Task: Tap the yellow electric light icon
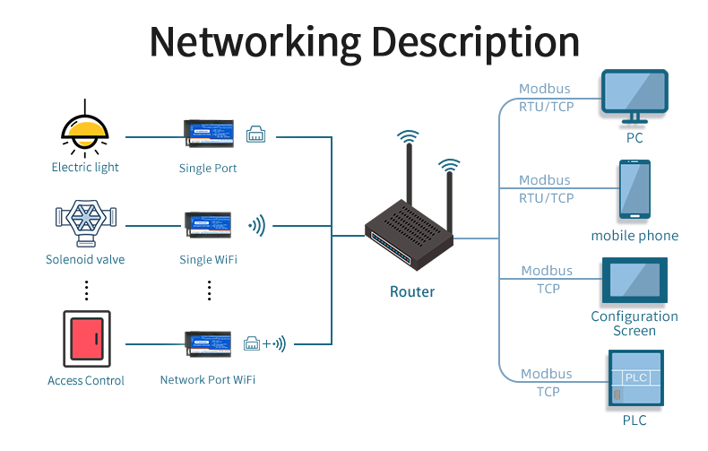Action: click(85, 131)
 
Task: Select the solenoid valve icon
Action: click(85, 220)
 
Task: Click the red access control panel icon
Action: click(86, 340)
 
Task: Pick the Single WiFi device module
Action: click(208, 225)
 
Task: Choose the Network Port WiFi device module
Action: click(208, 343)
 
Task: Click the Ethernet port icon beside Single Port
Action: click(255, 134)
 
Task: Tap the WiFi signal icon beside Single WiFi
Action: click(257, 225)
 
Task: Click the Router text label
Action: click(412, 291)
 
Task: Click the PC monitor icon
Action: click(635, 97)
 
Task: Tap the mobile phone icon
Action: click(635, 191)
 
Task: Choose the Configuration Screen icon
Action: click(635, 280)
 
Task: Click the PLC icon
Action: click(635, 379)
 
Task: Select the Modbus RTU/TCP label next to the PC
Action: click(545, 98)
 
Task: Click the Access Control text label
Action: click(86, 380)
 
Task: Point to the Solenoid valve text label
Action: click(85, 260)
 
